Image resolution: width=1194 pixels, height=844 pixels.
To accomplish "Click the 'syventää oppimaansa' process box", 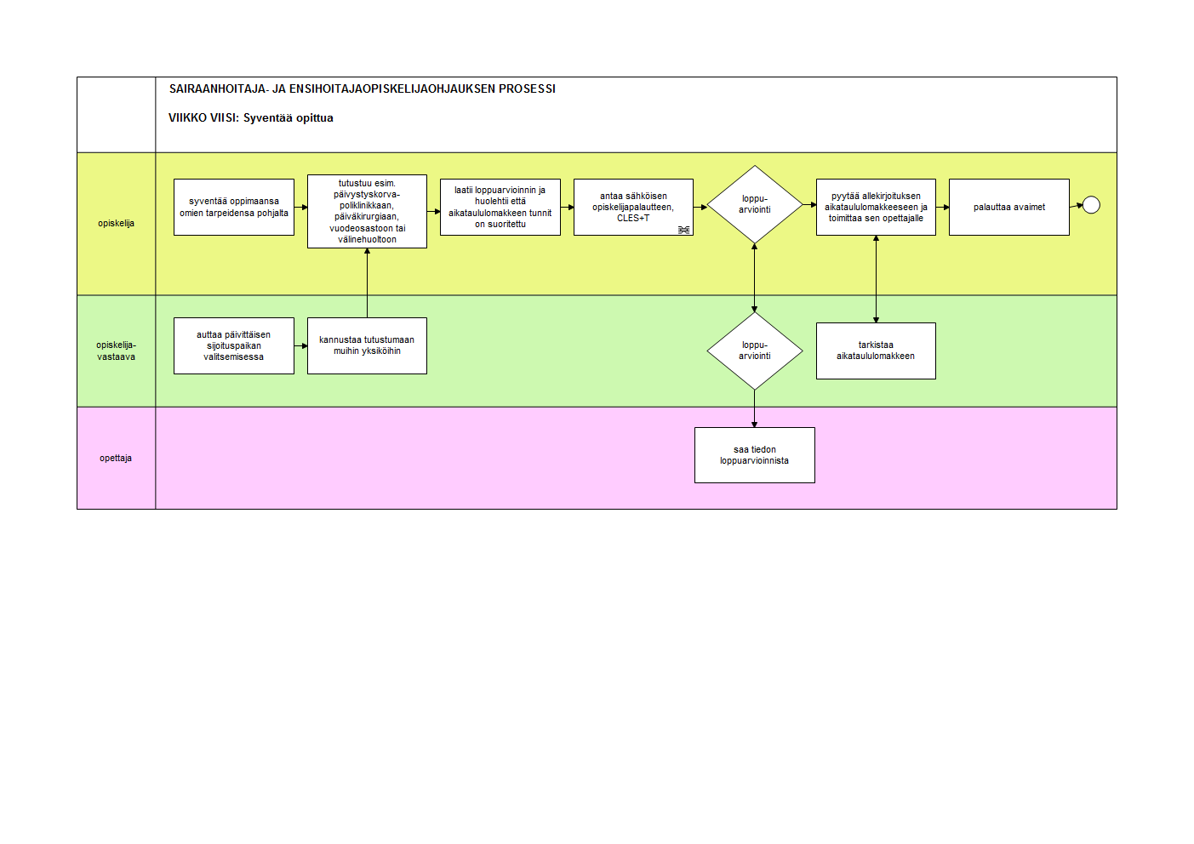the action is click(234, 208).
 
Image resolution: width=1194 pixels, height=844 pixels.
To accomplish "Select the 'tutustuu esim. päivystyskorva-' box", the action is click(368, 212).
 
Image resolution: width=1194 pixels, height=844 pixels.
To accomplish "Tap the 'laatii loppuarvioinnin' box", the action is click(500, 208).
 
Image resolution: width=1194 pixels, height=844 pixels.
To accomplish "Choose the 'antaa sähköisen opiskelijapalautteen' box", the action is click(634, 208).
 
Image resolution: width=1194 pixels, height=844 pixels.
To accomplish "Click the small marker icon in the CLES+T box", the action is click(684, 230).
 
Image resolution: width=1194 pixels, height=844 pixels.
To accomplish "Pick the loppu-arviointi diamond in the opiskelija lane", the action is click(755, 204).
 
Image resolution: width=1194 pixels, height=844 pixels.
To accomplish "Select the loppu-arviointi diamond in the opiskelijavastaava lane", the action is click(755, 351).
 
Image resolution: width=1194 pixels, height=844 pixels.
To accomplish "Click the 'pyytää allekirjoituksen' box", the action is click(877, 208).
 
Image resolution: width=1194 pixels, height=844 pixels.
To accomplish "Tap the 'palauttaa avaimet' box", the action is click(1009, 208).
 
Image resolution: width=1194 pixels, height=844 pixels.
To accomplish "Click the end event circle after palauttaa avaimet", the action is click(1092, 205).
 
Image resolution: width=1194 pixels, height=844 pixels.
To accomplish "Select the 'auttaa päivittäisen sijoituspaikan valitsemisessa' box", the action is click(234, 345).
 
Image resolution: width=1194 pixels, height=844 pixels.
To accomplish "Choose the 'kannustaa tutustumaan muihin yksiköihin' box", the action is click(368, 345).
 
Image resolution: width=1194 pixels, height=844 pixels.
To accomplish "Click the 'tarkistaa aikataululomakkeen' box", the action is click(877, 351).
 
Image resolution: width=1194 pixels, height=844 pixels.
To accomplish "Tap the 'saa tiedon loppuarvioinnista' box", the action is click(755, 455).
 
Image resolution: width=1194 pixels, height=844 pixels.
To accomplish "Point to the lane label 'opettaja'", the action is click(116, 459).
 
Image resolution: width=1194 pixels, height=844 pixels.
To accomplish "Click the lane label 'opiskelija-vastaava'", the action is click(117, 351).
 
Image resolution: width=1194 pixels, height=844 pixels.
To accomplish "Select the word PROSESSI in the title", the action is click(527, 89).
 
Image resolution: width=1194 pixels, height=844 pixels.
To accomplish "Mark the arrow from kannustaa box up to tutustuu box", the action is click(368, 283).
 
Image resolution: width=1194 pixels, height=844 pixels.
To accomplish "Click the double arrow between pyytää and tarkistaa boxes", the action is click(877, 279).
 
